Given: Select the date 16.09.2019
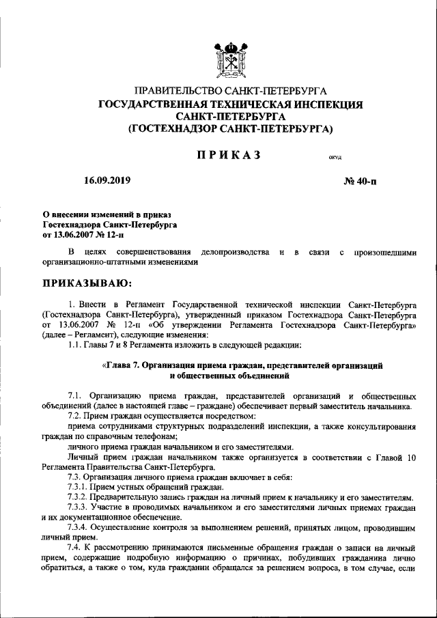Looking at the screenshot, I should tap(107, 181).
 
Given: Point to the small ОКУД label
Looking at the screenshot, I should tap(335, 158).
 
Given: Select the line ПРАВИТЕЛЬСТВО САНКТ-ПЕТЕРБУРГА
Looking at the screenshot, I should tap(230, 91).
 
